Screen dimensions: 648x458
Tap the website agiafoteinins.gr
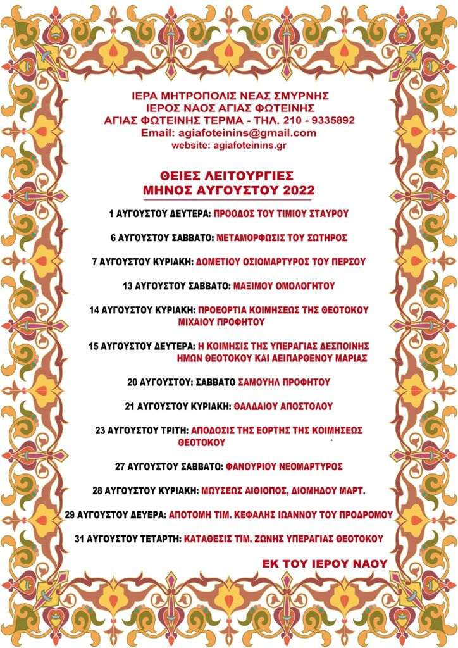(245, 145)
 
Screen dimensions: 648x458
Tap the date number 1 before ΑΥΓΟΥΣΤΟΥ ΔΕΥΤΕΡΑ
(111, 214)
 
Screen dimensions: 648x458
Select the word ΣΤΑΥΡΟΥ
(326, 214)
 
